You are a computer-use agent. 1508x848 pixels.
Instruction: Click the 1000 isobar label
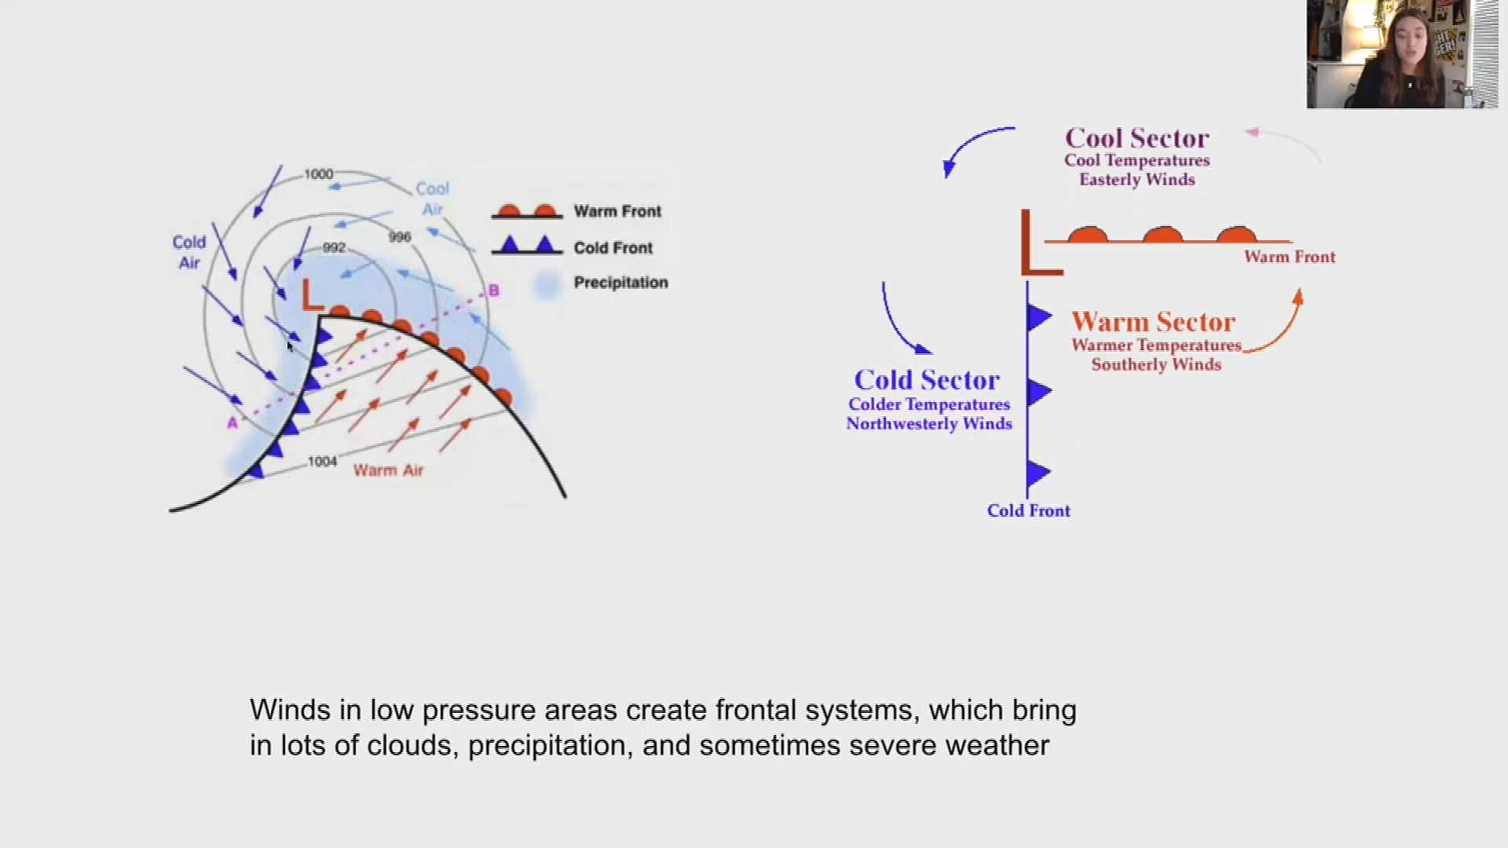(x=319, y=174)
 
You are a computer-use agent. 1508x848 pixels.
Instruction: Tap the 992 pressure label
(x=334, y=247)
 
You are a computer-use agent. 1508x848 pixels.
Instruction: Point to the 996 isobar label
(x=400, y=236)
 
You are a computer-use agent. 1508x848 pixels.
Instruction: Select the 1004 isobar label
(x=322, y=462)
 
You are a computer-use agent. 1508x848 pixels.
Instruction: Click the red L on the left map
(x=312, y=295)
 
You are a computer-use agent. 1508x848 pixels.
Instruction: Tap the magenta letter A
(x=232, y=423)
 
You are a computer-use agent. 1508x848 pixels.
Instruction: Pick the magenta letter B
(x=493, y=291)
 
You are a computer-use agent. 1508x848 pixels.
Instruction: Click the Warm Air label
(x=388, y=470)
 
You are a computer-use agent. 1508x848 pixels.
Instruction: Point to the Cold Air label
(x=188, y=252)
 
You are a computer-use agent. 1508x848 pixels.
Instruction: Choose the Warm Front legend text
(x=617, y=211)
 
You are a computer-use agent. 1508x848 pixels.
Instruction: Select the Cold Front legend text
(x=613, y=248)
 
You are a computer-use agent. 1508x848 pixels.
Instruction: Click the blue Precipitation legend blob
(x=547, y=283)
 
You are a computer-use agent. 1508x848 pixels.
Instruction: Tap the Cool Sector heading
(x=1136, y=139)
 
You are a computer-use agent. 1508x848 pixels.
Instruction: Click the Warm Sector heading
(x=1153, y=322)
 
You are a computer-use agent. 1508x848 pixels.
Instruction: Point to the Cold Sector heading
(x=927, y=380)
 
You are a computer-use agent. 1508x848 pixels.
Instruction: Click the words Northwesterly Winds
(x=929, y=424)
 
